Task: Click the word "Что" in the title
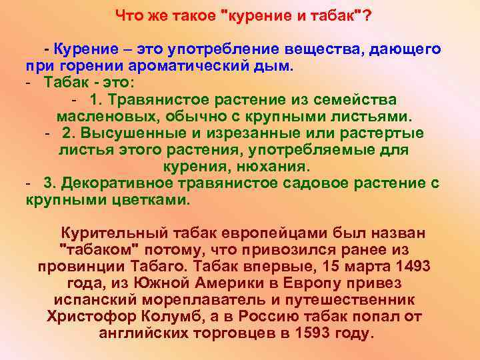click(128, 15)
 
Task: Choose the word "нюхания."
click(275, 166)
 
